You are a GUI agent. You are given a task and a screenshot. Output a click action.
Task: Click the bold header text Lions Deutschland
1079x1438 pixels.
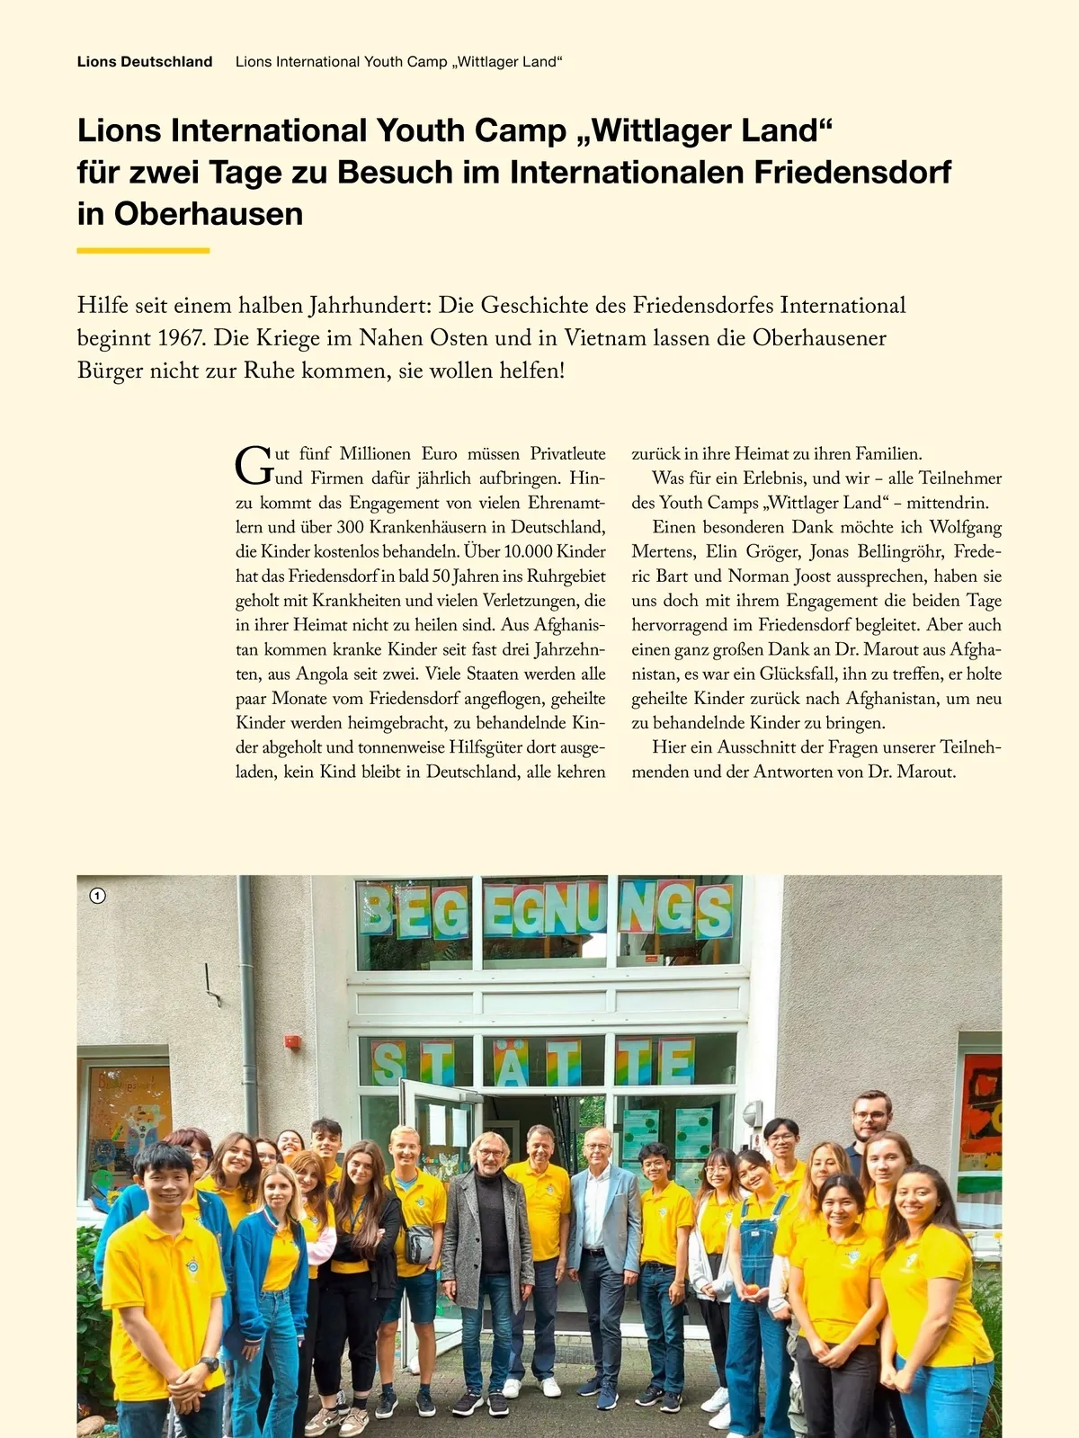pos(145,62)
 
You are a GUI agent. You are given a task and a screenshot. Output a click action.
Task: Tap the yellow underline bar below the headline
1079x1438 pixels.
pos(143,250)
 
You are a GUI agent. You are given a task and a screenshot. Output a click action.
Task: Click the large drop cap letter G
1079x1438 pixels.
pos(254,465)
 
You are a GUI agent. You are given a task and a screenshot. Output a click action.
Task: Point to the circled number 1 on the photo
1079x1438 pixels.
pos(98,896)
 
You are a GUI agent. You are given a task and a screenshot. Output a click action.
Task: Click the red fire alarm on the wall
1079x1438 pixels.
pos(292,1041)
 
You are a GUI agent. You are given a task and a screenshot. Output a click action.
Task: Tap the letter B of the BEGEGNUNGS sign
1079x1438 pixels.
pos(379,912)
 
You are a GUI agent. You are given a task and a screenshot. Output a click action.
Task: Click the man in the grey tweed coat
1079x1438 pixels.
pos(487,1259)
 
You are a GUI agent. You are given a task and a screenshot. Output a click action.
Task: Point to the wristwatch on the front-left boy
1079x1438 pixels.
pos(210,1364)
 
